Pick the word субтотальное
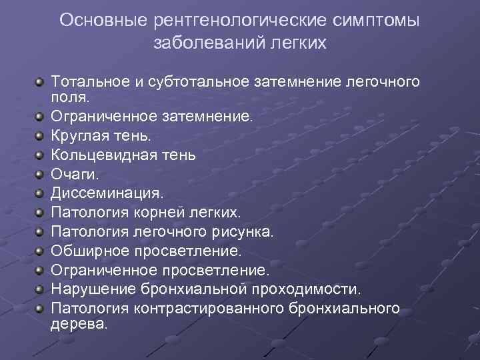198,82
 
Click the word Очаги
72,174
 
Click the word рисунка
243,232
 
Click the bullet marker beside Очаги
41,175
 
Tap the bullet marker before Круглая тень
41,136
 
